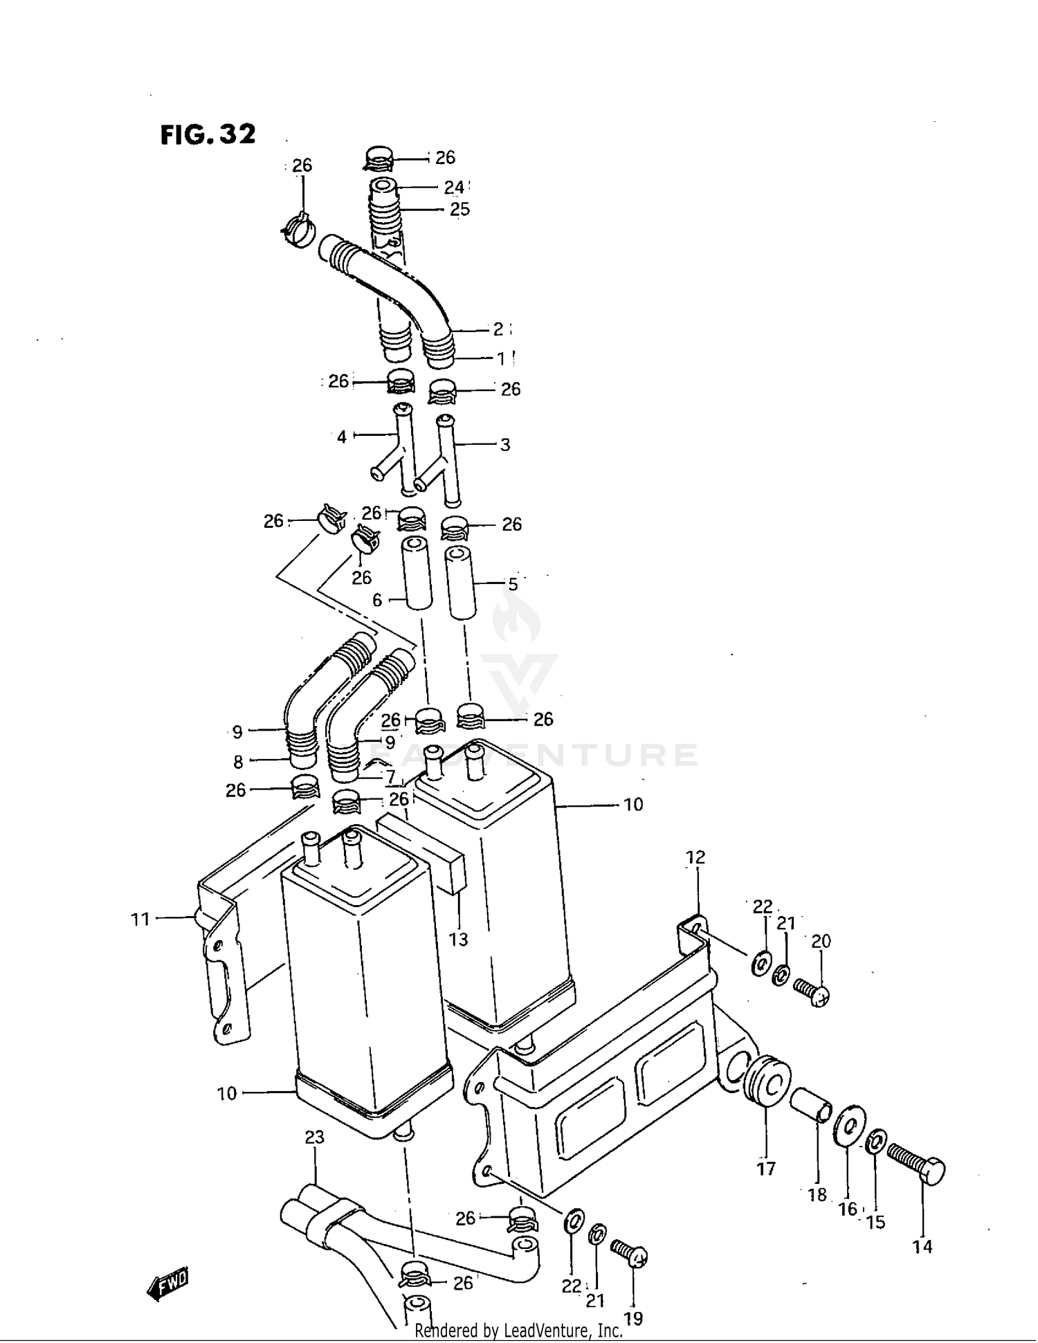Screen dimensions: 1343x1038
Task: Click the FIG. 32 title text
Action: click(208, 134)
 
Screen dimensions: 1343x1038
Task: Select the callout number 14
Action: click(922, 1247)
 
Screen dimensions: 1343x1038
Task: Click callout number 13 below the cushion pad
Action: click(458, 939)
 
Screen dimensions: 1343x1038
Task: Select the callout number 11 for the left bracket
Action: click(140, 920)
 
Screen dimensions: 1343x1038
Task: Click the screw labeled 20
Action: click(811, 992)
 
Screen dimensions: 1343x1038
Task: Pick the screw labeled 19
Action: click(629, 1253)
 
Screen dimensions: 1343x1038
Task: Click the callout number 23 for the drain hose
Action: click(314, 1137)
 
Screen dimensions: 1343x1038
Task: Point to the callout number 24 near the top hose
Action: click(454, 188)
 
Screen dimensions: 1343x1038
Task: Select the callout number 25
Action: click(459, 210)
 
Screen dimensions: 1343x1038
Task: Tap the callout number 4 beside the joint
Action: click(342, 437)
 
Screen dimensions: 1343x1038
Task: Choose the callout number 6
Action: click(377, 600)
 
